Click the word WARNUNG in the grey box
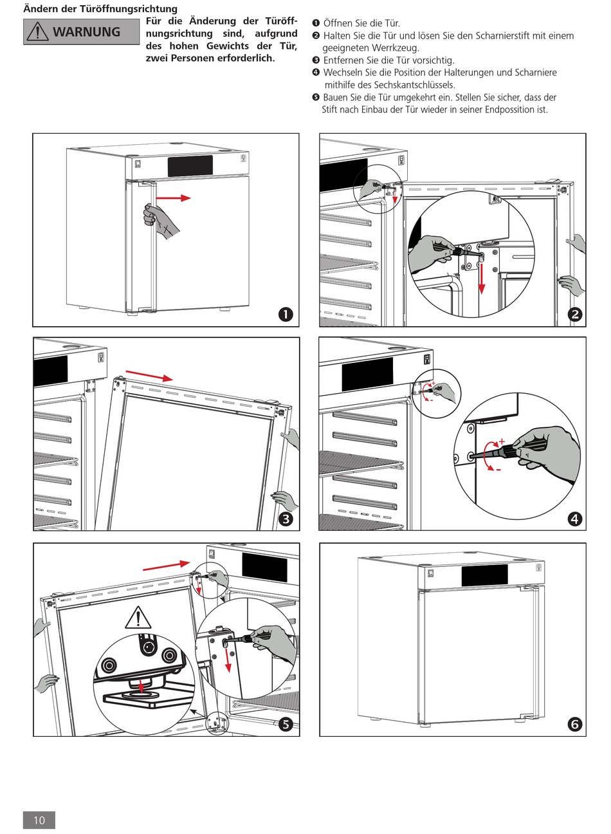tap(86, 32)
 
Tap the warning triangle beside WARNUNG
tap(38, 32)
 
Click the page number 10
tap(39, 819)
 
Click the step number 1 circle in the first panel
tap(286, 314)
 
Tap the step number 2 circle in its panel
tap(574, 314)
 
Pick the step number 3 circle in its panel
tap(286, 519)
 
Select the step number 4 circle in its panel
tap(574, 519)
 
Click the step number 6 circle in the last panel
tap(574, 725)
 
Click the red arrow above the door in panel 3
tap(149, 375)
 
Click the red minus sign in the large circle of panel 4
tap(498, 470)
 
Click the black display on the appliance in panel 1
tap(190, 166)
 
